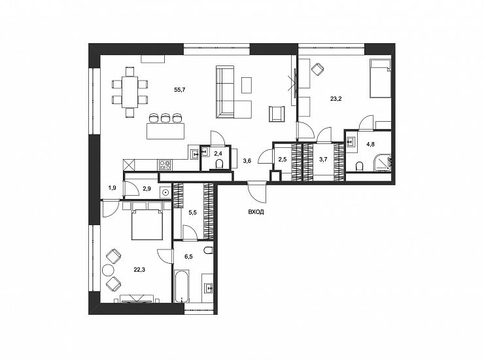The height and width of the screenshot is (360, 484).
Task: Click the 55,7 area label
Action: [180, 90]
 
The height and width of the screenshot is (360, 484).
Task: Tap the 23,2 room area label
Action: [336, 99]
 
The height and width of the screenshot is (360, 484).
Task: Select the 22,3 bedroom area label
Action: [139, 270]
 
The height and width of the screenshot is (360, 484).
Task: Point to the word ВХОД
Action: [256, 212]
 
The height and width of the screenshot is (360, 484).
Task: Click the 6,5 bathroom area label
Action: [188, 257]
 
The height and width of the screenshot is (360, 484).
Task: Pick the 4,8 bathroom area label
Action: [370, 144]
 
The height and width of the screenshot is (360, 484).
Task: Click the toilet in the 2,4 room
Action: [219, 164]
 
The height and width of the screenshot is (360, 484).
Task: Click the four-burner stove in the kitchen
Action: [165, 164]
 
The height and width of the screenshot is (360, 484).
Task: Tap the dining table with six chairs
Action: [130, 92]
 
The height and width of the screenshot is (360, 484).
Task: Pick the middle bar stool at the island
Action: [165, 117]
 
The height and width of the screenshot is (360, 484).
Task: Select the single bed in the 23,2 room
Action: [380, 78]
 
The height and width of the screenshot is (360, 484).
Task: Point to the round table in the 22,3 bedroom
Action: [108, 270]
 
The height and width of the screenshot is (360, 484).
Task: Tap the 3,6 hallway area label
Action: [247, 160]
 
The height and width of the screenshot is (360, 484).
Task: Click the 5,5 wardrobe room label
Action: [192, 212]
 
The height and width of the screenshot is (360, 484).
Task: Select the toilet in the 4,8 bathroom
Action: [359, 166]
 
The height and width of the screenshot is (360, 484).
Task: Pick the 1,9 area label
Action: [112, 188]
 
